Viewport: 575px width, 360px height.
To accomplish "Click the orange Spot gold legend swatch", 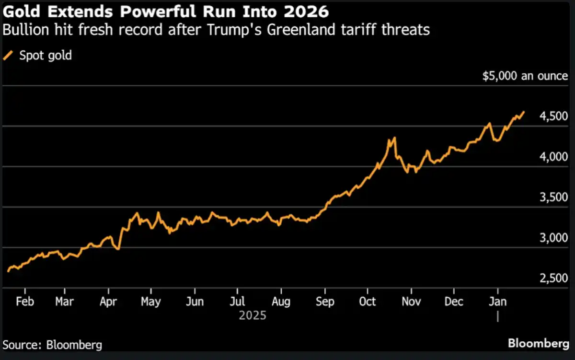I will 9,56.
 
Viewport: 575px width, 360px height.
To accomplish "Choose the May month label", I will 151,302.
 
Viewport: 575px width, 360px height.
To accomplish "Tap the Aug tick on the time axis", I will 281,302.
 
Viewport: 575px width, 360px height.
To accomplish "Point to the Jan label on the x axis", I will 497,302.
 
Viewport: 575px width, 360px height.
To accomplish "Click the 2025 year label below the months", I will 253,316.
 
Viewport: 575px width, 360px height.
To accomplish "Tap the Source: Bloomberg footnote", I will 53,345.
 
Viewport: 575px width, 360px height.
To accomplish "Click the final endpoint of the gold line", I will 524,112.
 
